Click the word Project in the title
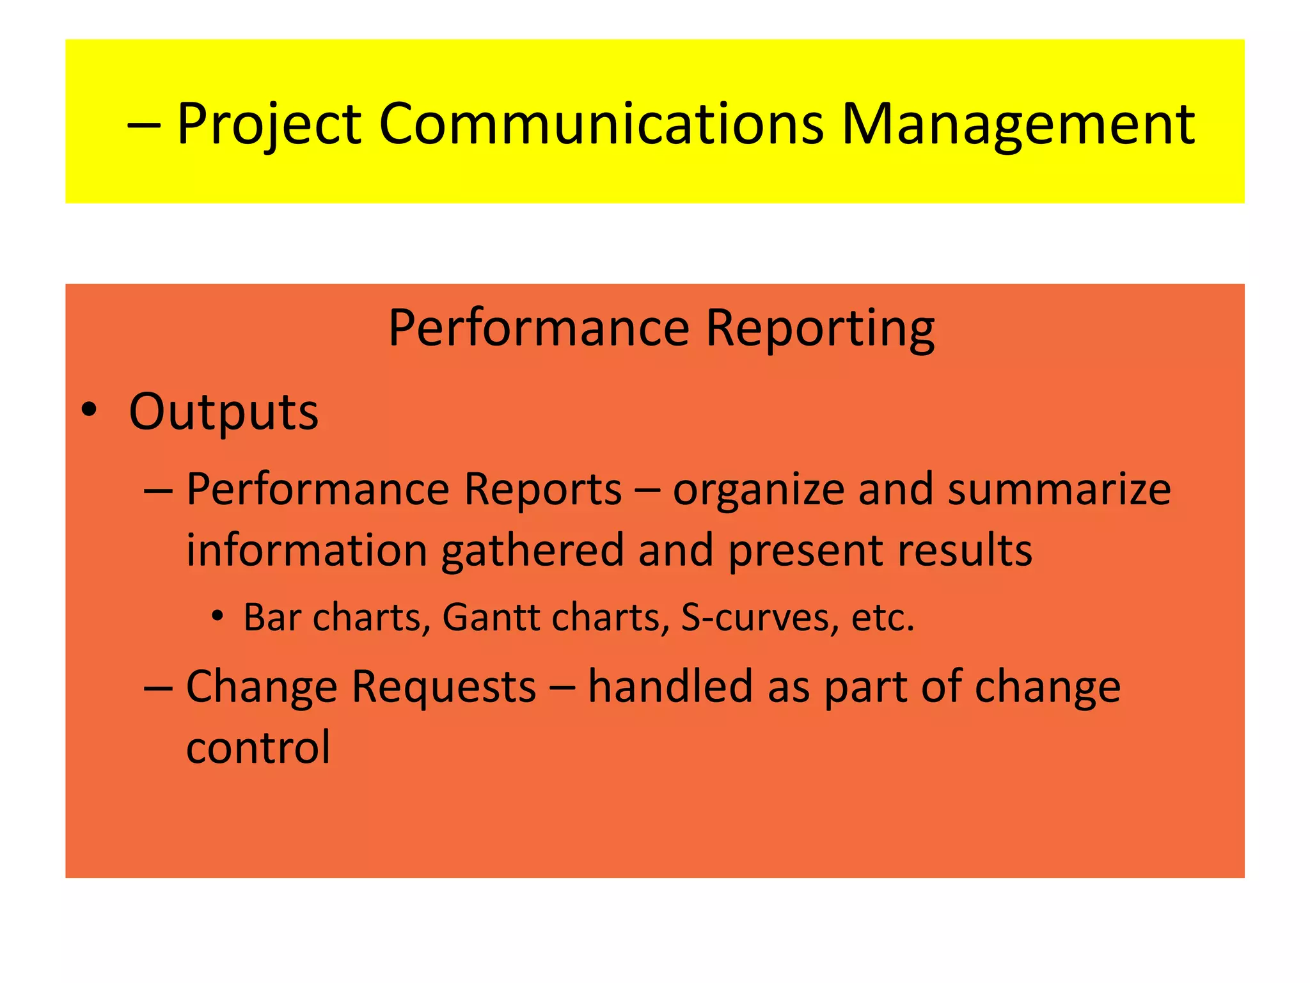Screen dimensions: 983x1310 point(269,125)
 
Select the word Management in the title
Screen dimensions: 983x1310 point(1017,125)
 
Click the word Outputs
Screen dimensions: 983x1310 point(223,413)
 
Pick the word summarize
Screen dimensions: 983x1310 point(1059,490)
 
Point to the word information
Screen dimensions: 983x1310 point(306,550)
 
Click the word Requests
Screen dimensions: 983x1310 point(444,687)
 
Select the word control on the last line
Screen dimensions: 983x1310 point(258,747)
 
